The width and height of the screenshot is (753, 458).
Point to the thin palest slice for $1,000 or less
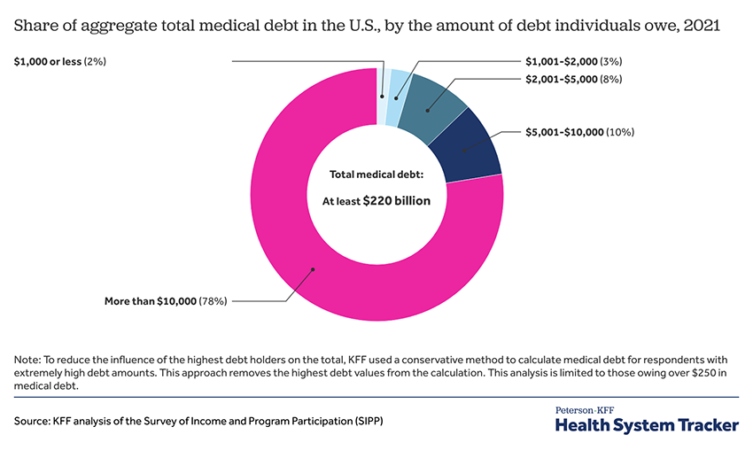pyautogui.click(x=382, y=84)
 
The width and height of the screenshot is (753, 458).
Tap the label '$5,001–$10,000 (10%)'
pyautogui.click(x=579, y=133)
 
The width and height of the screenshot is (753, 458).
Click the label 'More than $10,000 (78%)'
pyautogui.click(x=166, y=300)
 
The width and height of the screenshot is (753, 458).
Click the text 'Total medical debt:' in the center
pyautogui.click(x=376, y=175)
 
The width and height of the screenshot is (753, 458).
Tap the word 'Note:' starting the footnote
pyautogui.click(x=28, y=361)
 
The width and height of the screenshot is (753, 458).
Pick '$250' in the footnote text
pyautogui.click(x=687, y=374)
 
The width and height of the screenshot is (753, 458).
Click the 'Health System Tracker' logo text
pyautogui.click(x=646, y=426)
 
